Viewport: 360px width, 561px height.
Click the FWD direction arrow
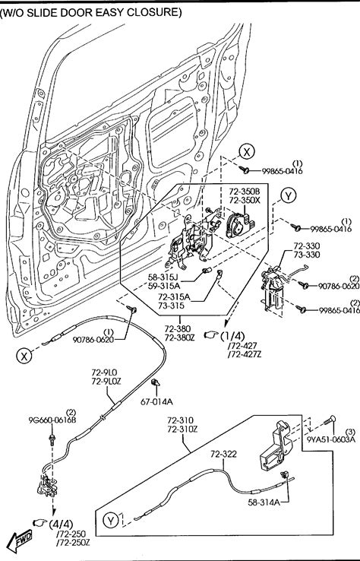tap(20, 540)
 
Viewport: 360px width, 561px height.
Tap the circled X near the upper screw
tap(247, 152)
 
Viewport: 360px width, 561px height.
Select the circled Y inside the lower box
tap(110, 520)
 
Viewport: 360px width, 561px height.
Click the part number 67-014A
tap(156, 402)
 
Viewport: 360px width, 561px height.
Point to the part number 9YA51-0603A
tap(331, 439)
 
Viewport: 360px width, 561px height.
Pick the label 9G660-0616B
tap(52, 420)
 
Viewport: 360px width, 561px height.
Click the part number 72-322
tap(223, 454)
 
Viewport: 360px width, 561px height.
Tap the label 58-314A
tap(264, 502)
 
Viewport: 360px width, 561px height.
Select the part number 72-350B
tap(245, 192)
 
